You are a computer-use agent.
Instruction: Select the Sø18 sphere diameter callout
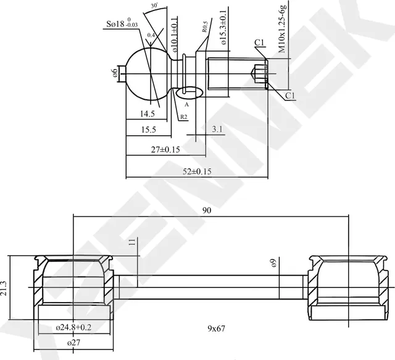(x=122, y=25)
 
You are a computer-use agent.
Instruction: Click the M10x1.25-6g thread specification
(x=283, y=28)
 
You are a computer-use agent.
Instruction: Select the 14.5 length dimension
(x=147, y=114)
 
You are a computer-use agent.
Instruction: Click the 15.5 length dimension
(x=148, y=131)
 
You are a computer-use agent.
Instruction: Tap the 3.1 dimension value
(x=217, y=129)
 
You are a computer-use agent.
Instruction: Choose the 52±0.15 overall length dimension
(x=197, y=171)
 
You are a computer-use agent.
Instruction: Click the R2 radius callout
(x=183, y=117)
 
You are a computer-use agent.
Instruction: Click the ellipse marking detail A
(x=189, y=93)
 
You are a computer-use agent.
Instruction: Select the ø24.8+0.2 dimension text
(x=73, y=327)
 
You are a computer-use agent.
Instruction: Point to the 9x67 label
(x=216, y=329)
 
